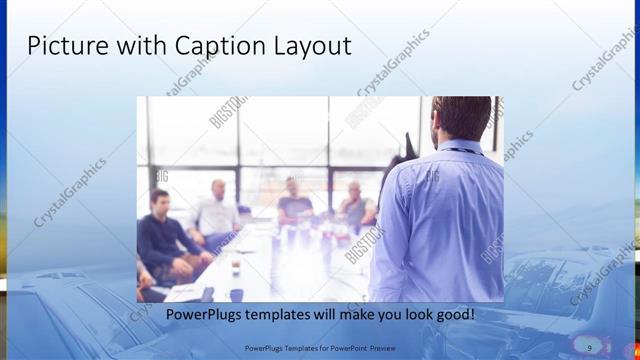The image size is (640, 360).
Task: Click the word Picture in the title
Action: coord(62,46)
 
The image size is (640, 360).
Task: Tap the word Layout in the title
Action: coord(314,46)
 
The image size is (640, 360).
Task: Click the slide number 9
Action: coord(590,347)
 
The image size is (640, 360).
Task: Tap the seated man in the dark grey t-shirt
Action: coord(294,204)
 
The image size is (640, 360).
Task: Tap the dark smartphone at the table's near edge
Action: coord(208,293)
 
